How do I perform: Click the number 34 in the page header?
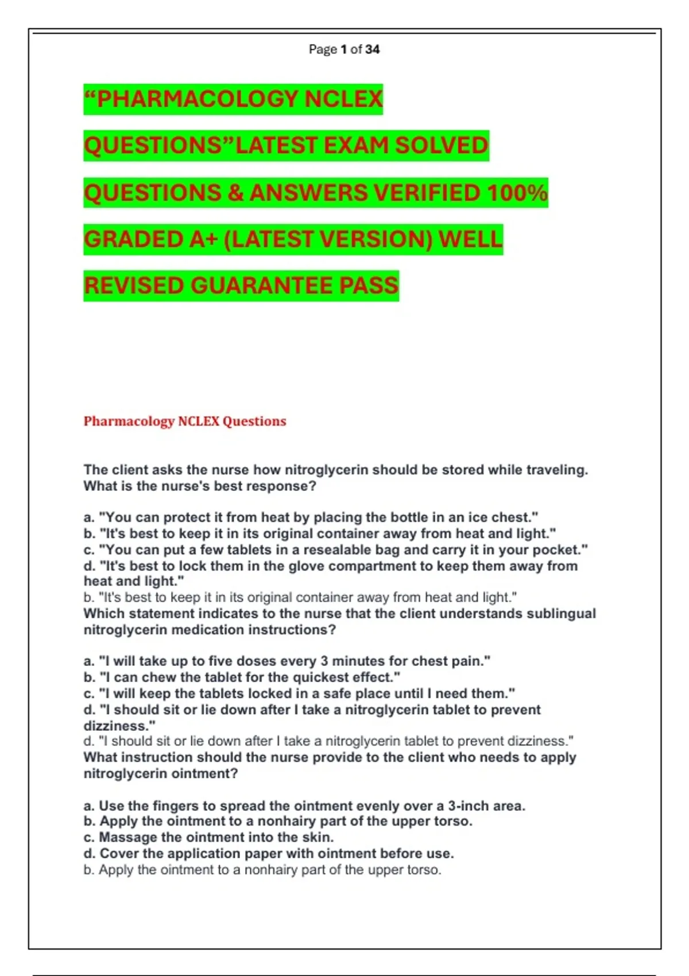pos(372,49)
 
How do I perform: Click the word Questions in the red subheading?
pos(254,421)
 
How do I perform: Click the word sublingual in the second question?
pos(561,613)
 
